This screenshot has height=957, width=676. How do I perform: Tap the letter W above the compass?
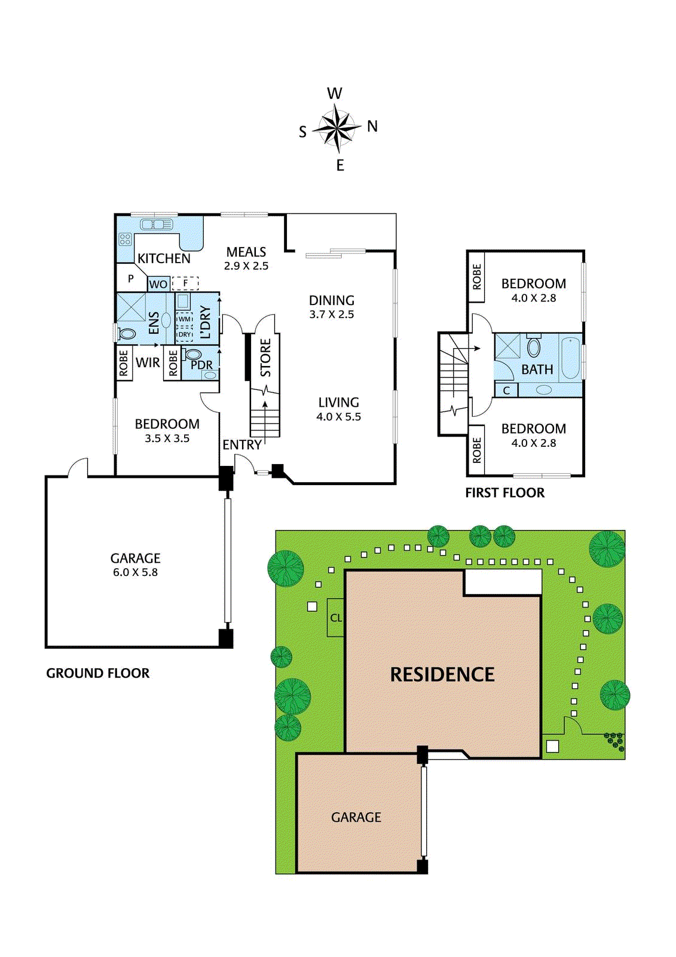pyautogui.click(x=334, y=93)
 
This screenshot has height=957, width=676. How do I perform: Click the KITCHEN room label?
pyautogui.click(x=164, y=258)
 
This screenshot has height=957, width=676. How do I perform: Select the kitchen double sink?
pyautogui.click(x=156, y=224)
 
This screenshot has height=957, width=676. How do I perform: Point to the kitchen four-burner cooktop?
pyautogui.click(x=125, y=239)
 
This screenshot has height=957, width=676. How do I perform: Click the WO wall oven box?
pyautogui.click(x=158, y=284)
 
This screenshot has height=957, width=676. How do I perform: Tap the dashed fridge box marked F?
pyautogui.click(x=185, y=283)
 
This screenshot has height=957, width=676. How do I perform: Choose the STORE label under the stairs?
pyautogui.click(x=265, y=358)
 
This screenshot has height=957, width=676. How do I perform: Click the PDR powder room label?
pyautogui.click(x=201, y=365)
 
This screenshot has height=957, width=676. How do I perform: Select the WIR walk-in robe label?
pyautogui.click(x=148, y=362)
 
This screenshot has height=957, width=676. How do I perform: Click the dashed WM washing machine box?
pyautogui.click(x=185, y=319)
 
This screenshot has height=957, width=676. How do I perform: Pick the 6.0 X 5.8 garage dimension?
pyautogui.click(x=135, y=572)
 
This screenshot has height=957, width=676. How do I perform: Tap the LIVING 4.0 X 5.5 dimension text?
pyautogui.click(x=339, y=416)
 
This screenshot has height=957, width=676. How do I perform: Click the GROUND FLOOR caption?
pyautogui.click(x=98, y=673)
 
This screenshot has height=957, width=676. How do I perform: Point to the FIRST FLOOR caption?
pyautogui.click(x=504, y=493)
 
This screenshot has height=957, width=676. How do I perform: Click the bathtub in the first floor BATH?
pyautogui.click(x=570, y=358)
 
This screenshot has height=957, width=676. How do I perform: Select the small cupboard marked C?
pyautogui.click(x=506, y=390)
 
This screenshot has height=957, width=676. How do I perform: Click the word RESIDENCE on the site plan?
pyautogui.click(x=442, y=675)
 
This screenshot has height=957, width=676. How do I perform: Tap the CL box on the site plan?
pyautogui.click(x=336, y=618)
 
